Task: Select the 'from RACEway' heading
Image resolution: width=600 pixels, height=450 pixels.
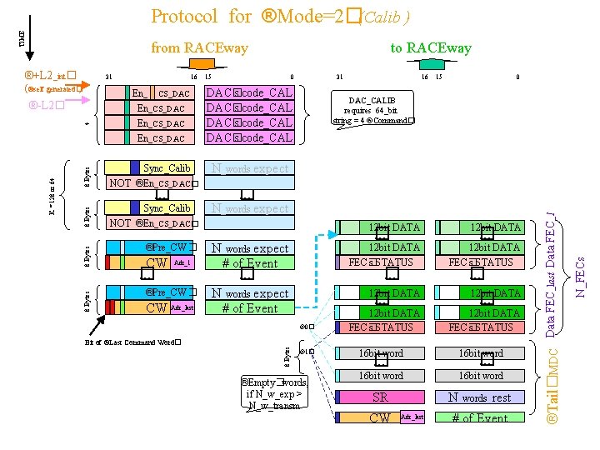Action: [199, 47]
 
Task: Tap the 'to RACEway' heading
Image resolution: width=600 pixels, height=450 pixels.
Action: [430, 47]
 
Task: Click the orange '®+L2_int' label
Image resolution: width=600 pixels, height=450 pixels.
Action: [51, 75]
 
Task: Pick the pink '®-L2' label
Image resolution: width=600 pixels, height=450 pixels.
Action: [47, 106]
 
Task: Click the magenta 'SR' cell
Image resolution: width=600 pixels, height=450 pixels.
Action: [380, 397]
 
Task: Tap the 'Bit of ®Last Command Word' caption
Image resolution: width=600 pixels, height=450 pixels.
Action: [133, 342]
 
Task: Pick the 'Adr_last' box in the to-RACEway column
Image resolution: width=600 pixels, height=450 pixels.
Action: [412, 417]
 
